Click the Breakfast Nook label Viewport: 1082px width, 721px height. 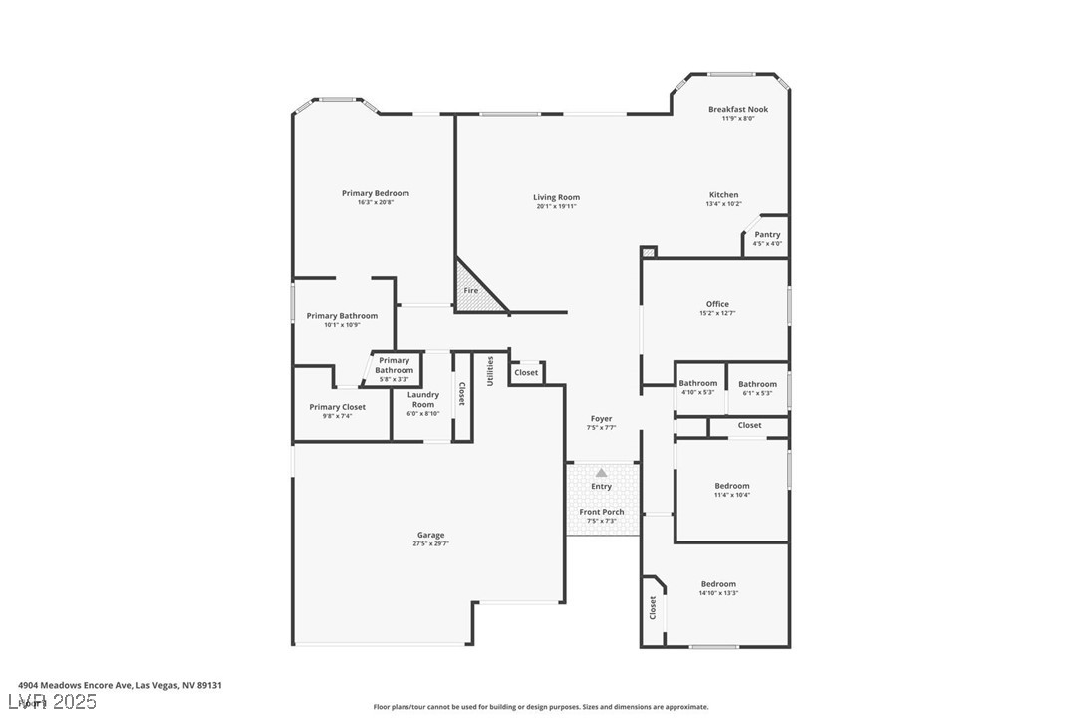[737, 109]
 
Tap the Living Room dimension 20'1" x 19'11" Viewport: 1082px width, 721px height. [556, 207]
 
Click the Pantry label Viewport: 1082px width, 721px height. [767, 235]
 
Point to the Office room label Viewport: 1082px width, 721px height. [717, 304]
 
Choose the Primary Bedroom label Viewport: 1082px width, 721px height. [375, 193]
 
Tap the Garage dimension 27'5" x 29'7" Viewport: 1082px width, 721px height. [430, 543]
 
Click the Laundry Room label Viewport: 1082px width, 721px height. [423, 399]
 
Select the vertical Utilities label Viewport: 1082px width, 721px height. [489, 370]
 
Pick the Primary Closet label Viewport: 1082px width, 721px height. [337, 407]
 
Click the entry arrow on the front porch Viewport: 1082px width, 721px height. [601, 473]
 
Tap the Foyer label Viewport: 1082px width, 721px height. [601, 419]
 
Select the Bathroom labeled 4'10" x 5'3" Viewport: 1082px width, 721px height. [697, 384]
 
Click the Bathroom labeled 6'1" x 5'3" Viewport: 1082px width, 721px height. [757, 384]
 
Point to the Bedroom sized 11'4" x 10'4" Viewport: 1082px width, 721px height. [731, 487]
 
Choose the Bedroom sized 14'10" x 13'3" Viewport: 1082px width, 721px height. [717, 584]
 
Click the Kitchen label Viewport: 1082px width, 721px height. [723, 195]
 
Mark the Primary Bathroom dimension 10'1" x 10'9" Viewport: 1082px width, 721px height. [342, 324]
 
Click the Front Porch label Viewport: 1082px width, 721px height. [601, 512]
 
